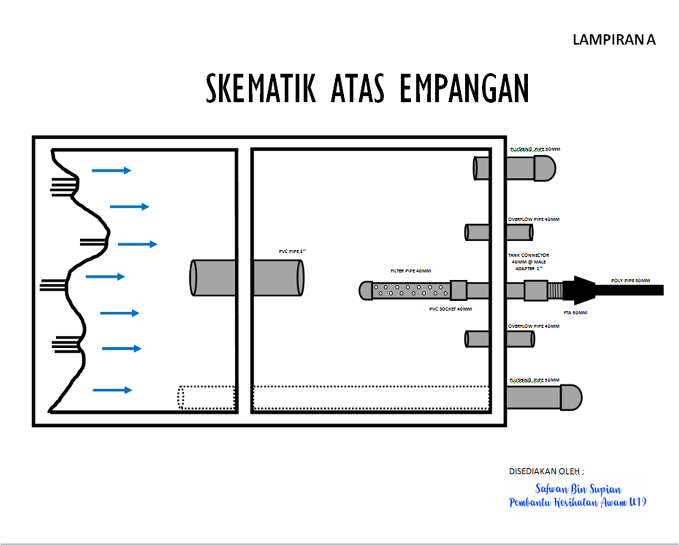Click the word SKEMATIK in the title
pos(261,88)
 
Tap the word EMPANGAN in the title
pos(464,88)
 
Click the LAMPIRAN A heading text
pos(614,40)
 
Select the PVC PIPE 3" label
pos(292,251)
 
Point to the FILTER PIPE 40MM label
pos(410,271)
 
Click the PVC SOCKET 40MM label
pos(450,309)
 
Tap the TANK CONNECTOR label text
pos(528,256)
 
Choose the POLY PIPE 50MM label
pos(630,280)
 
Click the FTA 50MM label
pos(575,313)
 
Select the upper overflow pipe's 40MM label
pos(533,219)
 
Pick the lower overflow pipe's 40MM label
pos(533,326)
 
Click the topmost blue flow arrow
pos(111,171)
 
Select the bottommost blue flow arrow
pos(112,390)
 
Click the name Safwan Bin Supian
pos(578,489)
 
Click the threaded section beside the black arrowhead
pos(555,290)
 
